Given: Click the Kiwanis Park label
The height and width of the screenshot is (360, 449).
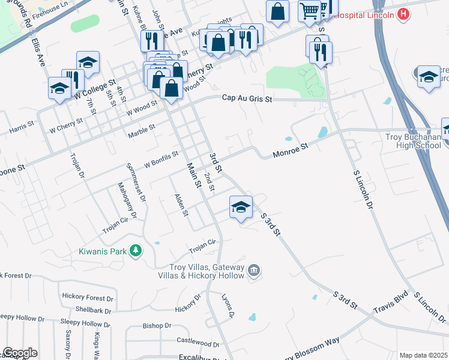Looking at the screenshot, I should (x=102, y=251).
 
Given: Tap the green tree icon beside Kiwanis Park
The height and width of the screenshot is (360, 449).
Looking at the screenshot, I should (x=137, y=251).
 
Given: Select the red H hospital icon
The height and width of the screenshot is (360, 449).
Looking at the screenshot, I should (x=403, y=13).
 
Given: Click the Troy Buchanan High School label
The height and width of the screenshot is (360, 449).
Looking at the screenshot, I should (x=413, y=141).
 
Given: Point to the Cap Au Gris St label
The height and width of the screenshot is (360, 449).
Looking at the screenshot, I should (x=247, y=98).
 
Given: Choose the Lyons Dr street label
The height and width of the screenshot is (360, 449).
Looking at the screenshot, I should (x=227, y=305).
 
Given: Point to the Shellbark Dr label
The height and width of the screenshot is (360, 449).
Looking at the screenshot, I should (x=94, y=311).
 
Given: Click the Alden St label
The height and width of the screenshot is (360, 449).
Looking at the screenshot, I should (x=181, y=205).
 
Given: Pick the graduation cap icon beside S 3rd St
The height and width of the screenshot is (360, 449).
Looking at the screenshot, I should (x=241, y=208).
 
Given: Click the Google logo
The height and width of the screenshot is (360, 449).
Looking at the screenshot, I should (x=20, y=353).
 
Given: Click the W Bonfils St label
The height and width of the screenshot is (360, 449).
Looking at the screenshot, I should (x=161, y=159).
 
